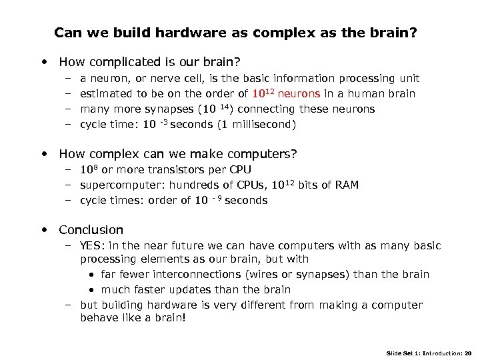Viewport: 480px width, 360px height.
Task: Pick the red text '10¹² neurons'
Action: click(287, 94)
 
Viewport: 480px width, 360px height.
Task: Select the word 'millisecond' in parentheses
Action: click(262, 125)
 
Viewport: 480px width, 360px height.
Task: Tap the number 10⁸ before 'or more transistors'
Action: click(89, 169)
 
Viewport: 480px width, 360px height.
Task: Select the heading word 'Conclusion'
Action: click(91, 230)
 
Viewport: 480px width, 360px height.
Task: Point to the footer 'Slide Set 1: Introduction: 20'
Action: click(428, 352)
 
